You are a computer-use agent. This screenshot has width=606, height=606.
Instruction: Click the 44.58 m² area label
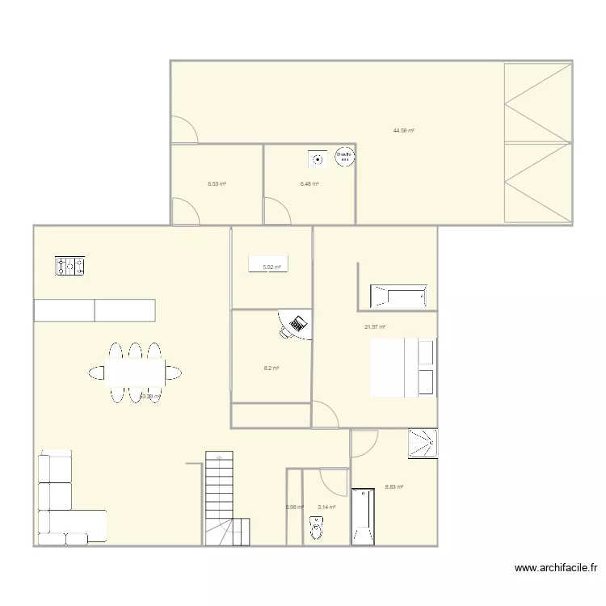tap(403, 130)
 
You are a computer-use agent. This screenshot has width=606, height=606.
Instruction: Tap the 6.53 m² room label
tap(217, 184)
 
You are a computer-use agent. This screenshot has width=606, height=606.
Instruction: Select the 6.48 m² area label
tap(309, 184)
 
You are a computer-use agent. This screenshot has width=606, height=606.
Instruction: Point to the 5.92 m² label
tap(271, 267)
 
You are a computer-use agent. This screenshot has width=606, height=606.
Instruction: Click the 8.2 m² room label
tap(271, 368)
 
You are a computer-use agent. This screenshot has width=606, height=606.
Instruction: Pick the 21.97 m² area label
tap(375, 326)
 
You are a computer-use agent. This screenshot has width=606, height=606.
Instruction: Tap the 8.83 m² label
tap(393, 486)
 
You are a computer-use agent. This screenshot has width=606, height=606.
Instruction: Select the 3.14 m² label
tap(326, 507)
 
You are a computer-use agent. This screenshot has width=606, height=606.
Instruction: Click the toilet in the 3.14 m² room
tap(316, 529)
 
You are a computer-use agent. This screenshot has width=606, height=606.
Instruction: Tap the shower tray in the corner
tap(423, 442)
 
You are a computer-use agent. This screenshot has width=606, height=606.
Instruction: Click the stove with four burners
tap(70, 266)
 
